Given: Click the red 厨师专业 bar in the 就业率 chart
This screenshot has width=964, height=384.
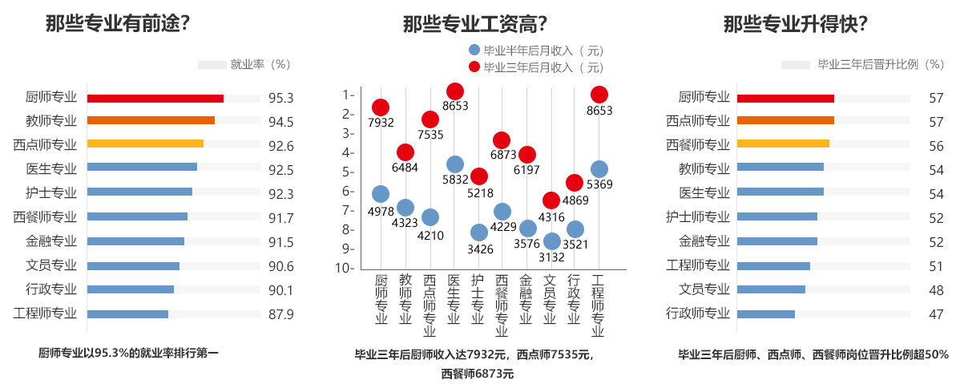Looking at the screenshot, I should coord(155,99).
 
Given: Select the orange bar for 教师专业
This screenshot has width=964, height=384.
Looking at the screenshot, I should coord(151,120).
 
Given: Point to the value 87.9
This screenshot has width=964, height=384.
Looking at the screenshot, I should coord(281,314).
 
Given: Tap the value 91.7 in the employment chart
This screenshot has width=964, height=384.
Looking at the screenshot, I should coord(281,216).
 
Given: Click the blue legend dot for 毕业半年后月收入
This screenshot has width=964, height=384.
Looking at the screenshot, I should coord(474,51).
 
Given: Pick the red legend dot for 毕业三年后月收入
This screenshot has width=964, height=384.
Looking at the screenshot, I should coord(474,67).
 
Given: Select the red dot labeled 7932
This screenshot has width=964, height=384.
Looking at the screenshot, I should coord(381,107).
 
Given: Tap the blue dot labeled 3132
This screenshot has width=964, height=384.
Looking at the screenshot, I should coord(551,241).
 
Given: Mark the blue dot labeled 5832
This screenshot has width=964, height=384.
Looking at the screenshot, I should coord(454,164).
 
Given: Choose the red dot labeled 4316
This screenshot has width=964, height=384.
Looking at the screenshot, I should coord(551,200).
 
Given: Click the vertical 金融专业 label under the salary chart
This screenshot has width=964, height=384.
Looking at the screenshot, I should coord(526,299).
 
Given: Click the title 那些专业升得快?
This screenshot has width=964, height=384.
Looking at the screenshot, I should coord(796,25).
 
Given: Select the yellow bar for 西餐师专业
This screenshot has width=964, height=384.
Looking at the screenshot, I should coord(782,144).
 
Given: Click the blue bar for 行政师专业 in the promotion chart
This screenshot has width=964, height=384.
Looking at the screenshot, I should coord(765,314).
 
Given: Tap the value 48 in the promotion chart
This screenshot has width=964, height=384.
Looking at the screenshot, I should coord(936,289).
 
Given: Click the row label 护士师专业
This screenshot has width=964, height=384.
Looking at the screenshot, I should coord(698,216).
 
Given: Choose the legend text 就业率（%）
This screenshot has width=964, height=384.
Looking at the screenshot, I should coord(260,64).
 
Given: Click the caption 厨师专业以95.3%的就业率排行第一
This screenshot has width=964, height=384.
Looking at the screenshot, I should coord(127,352).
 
